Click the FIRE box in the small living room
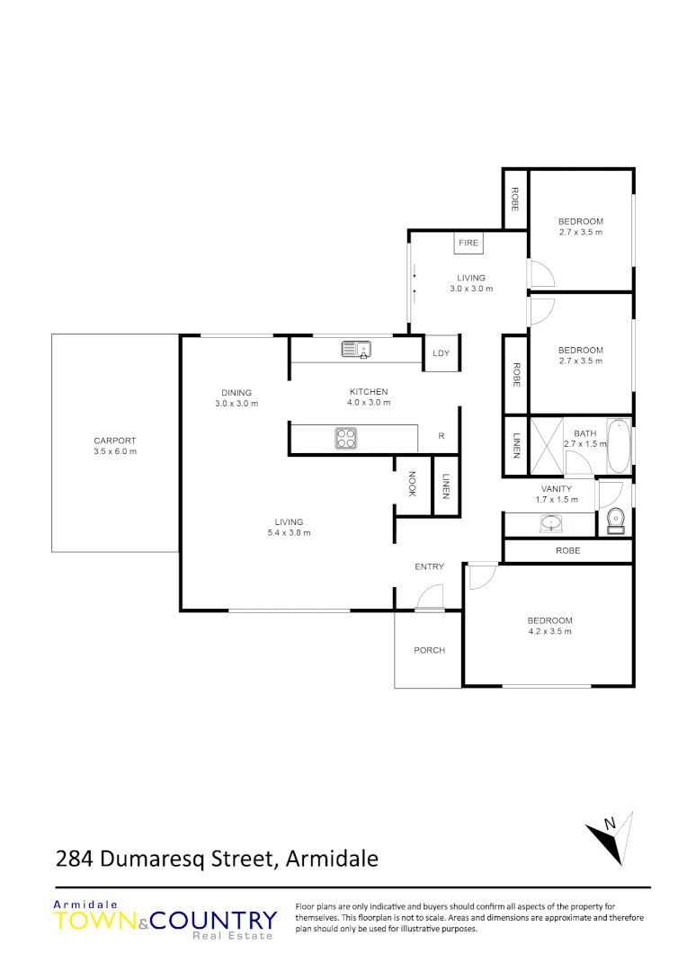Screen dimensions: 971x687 pos(468,243)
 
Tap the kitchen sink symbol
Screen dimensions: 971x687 pos(356,349)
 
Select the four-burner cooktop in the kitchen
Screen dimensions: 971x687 pos(347,438)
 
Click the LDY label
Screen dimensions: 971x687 pos(441,353)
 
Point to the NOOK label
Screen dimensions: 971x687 pos(412,485)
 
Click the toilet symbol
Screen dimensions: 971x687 pos(616,520)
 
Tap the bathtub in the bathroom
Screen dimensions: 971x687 pos(619,446)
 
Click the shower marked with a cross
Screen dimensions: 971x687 pos(547,446)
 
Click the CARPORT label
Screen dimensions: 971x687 pos(115,441)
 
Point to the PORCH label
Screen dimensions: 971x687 pos(429,650)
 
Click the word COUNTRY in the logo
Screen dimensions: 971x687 pos(214,921)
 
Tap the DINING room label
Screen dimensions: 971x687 pos(236,392)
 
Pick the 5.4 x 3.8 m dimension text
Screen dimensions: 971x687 pos(289,533)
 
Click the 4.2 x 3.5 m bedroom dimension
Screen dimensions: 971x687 pos(549,631)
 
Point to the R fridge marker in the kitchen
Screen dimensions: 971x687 pos(442,436)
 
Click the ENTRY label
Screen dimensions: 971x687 pos(429,566)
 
